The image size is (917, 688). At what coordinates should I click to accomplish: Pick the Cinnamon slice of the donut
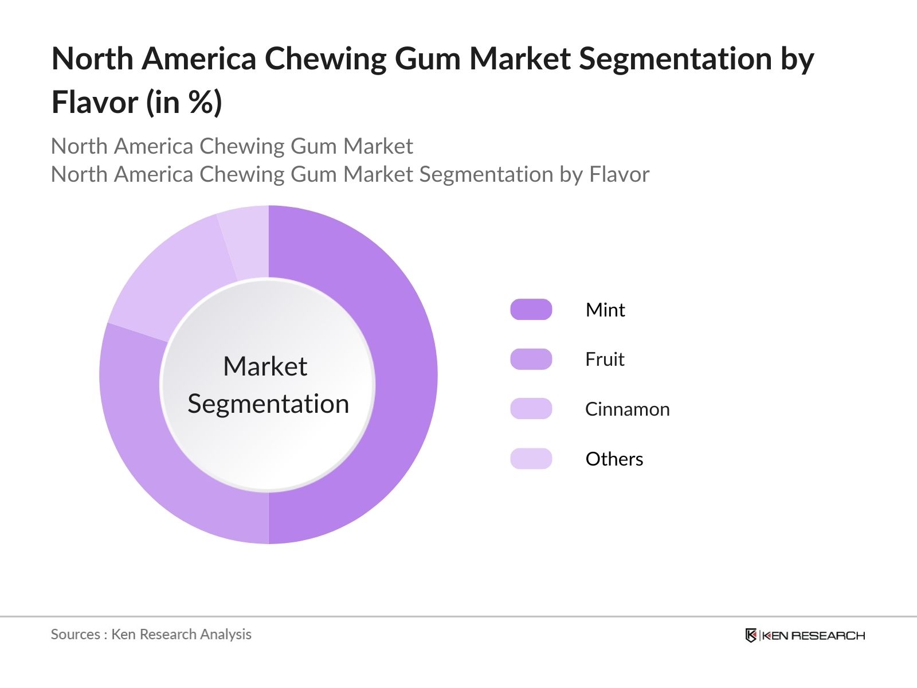(172, 275)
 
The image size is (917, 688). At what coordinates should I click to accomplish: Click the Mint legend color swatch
(531, 310)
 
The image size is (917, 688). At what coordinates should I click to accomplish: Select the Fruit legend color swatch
(531, 359)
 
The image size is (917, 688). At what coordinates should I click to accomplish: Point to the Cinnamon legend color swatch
(531, 409)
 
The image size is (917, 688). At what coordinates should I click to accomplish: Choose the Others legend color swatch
(531, 459)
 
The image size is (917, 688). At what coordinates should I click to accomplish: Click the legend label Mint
(605, 310)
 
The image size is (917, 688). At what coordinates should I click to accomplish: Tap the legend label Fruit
(605, 359)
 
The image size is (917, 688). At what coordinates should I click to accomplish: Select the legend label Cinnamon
(627, 409)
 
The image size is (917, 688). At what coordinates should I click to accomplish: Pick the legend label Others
(614, 459)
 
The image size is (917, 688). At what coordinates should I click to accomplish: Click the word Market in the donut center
(265, 366)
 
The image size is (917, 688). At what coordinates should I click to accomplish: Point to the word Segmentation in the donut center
(268, 404)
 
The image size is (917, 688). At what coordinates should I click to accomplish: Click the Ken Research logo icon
(751, 635)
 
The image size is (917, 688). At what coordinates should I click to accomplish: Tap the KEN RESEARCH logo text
(813, 635)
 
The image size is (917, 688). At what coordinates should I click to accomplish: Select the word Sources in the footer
(75, 634)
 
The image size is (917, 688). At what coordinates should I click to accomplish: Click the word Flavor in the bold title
(95, 103)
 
